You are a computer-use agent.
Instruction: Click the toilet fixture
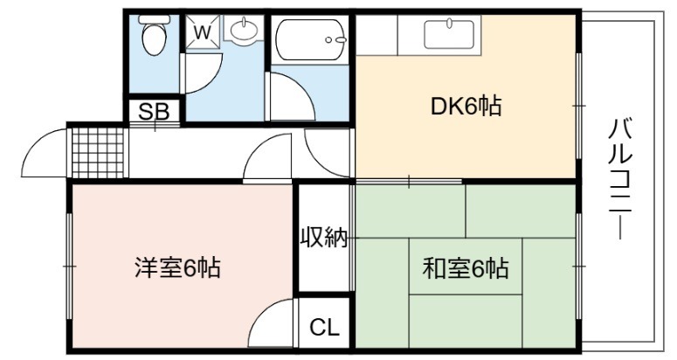click(x=154, y=35)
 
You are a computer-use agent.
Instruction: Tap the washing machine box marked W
click(x=203, y=31)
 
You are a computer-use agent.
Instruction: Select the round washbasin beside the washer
click(x=244, y=30)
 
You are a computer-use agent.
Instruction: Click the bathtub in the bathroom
click(x=311, y=39)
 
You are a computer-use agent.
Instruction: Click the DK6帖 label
click(x=466, y=107)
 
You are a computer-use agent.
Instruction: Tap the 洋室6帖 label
click(x=177, y=267)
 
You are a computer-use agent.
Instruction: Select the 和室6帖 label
click(x=466, y=268)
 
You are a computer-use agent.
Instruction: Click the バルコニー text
click(x=620, y=178)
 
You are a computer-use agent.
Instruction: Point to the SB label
click(x=154, y=112)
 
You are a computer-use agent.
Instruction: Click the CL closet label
click(x=324, y=328)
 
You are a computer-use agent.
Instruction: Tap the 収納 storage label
click(x=324, y=237)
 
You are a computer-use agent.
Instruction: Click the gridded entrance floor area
click(x=98, y=153)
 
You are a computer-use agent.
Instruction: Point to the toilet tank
click(x=154, y=19)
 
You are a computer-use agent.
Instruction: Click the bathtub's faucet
click(x=336, y=39)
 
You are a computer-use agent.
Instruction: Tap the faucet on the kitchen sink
click(x=450, y=23)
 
